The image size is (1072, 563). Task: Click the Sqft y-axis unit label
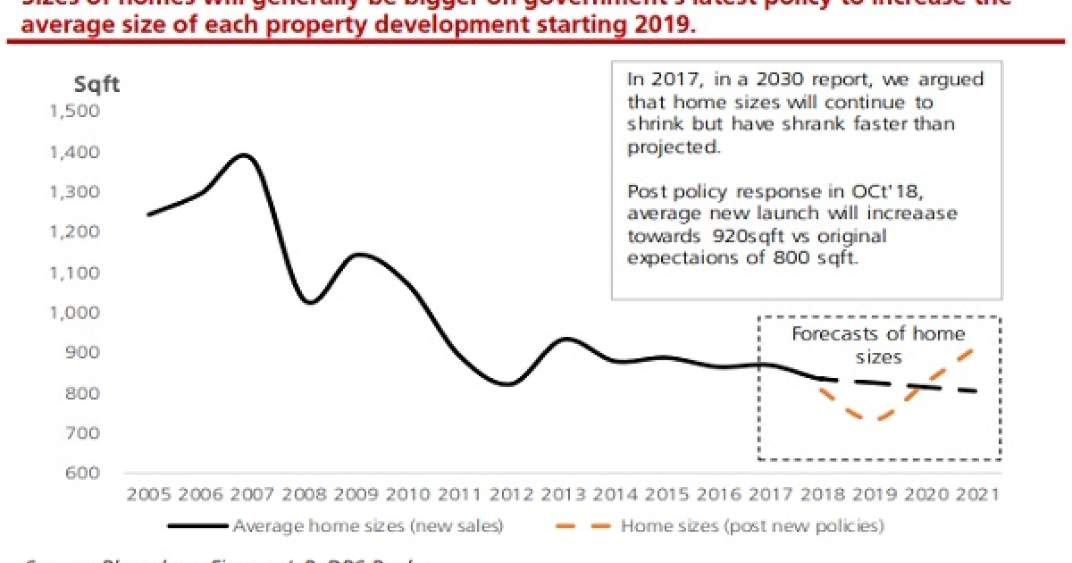(x=96, y=85)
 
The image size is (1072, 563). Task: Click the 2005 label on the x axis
(x=147, y=493)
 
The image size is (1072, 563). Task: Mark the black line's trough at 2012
(x=507, y=384)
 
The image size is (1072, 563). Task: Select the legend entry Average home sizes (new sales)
(x=367, y=525)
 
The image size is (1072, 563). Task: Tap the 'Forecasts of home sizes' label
(x=879, y=345)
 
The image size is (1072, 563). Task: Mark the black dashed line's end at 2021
(x=976, y=391)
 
